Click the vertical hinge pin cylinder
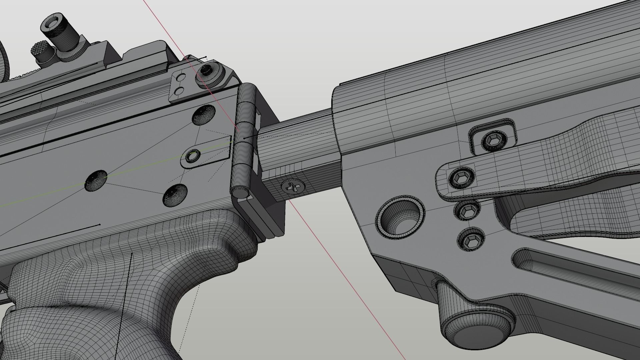243,137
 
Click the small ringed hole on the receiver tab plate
192,156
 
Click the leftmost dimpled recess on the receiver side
96,181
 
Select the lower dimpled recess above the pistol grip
175,195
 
